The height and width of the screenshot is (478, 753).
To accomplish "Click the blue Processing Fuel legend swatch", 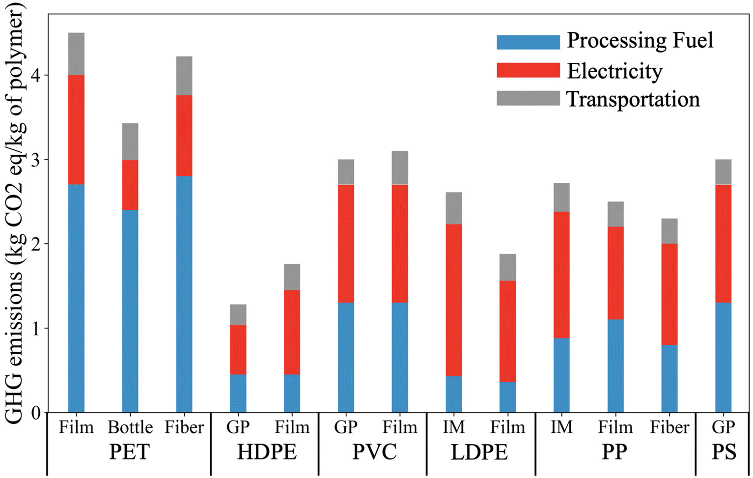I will [528, 42].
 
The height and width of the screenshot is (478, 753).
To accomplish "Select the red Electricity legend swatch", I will [528, 70].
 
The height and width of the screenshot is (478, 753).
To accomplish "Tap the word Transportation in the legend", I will [633, 99].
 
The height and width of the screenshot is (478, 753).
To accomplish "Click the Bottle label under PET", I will [130, 427].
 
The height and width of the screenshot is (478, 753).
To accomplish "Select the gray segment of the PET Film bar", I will [76, 54].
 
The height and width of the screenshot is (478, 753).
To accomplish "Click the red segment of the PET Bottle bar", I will [130, 185].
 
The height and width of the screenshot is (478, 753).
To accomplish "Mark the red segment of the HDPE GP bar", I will [238, 349].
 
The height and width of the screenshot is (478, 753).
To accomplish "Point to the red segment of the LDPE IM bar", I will [454, 300].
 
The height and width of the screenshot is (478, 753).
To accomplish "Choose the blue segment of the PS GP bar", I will [724, 357].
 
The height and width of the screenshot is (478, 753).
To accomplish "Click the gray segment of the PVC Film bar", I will [400, 168].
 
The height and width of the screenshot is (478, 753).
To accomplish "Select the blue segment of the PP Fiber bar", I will [669, 378].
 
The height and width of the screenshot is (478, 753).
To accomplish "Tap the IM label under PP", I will [561, 427].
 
